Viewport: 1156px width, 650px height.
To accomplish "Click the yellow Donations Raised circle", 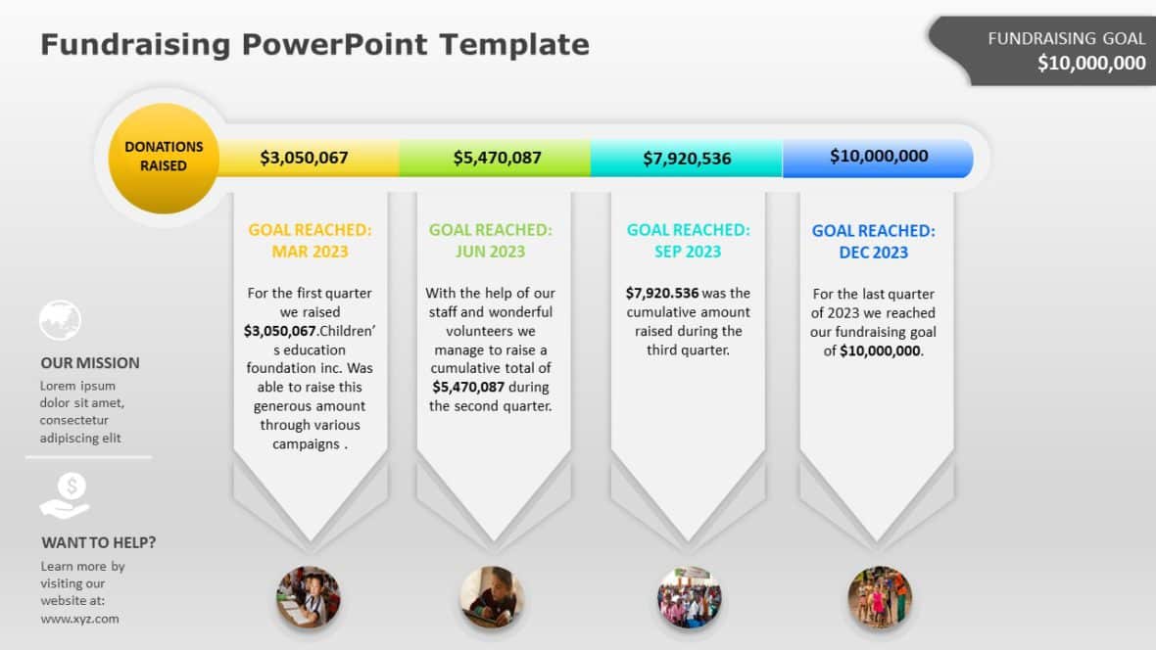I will (x=164, y=158).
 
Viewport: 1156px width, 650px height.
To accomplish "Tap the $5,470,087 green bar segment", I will (x=496, y=157).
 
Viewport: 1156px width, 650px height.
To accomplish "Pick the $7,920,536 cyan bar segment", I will (x=686, y=158).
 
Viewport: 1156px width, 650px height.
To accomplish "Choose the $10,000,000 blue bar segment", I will (x=878, y=157).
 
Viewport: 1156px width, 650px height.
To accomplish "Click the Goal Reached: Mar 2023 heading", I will (x=310, y=241).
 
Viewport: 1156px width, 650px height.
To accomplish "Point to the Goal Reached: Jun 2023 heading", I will (x=491, y=241).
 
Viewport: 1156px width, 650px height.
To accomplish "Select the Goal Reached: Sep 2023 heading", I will (x=688, y=241).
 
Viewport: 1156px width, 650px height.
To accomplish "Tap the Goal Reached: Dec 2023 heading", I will (x=874, y=242).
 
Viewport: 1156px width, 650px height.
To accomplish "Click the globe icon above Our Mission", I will (x=60, y=320).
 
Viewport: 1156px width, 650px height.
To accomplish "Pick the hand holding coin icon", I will (x=66, y=495).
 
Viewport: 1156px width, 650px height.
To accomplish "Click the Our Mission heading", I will (x=90, y=362).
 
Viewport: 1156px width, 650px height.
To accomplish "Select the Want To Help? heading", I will (x=98, y=542).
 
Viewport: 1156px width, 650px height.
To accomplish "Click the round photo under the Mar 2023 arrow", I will (x=308, y=597).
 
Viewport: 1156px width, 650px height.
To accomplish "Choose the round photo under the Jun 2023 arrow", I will (x=492, y=597).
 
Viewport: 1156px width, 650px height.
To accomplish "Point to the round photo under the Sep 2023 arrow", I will (x=689, y=597).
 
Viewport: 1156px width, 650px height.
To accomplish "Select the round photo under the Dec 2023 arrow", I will (x=879, y=597).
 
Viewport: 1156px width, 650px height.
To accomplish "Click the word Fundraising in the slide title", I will (x=135, y=44).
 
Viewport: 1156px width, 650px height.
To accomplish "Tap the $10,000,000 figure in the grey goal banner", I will (x=1091, y=63).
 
